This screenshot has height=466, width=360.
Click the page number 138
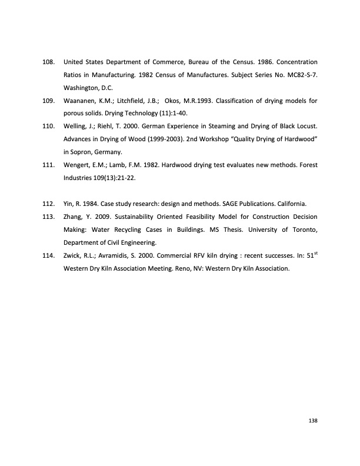pos(313,420)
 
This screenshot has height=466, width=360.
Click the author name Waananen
pos(78,101)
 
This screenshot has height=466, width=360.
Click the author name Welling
pos(74,126)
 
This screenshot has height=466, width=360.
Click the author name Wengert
pos(76,165)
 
